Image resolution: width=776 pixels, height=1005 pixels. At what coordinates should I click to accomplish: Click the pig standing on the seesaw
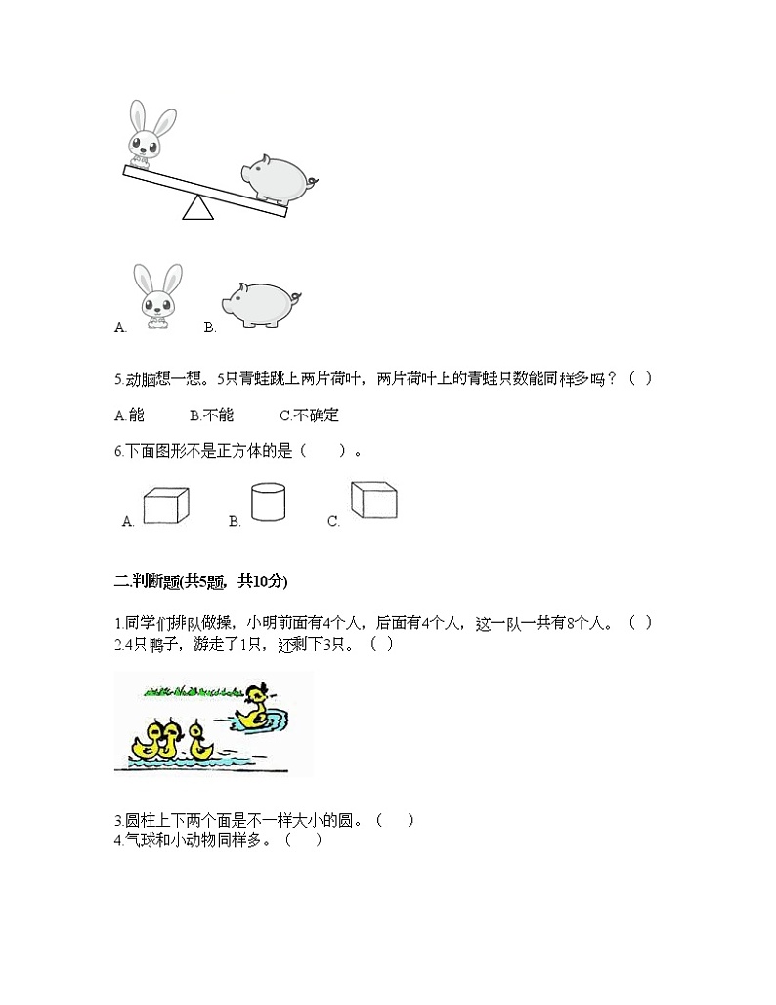tap(277, 179)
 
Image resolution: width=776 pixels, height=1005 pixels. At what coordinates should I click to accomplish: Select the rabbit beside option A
tap(158, 296)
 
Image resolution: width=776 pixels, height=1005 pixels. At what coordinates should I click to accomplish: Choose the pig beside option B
tap(258, 302)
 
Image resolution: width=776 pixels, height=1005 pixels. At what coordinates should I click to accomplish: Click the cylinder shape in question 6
tap(269, 502)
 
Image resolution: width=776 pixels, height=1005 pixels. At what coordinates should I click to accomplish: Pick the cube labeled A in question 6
tap(165, 505)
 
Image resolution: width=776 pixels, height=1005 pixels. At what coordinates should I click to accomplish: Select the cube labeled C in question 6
tap(374, 500)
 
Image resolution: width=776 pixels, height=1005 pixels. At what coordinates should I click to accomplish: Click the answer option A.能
tap(129, 415)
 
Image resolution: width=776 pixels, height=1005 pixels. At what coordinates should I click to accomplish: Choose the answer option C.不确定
tap(309, 415)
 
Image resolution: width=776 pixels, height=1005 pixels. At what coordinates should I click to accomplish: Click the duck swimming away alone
tap(255, 708)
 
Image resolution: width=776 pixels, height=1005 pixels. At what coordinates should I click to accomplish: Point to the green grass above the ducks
tap(191, 690)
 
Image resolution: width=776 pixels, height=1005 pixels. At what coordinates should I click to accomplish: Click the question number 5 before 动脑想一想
tap(117, 379)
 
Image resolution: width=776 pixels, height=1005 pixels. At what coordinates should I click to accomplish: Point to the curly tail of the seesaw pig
tap(312, 182)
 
